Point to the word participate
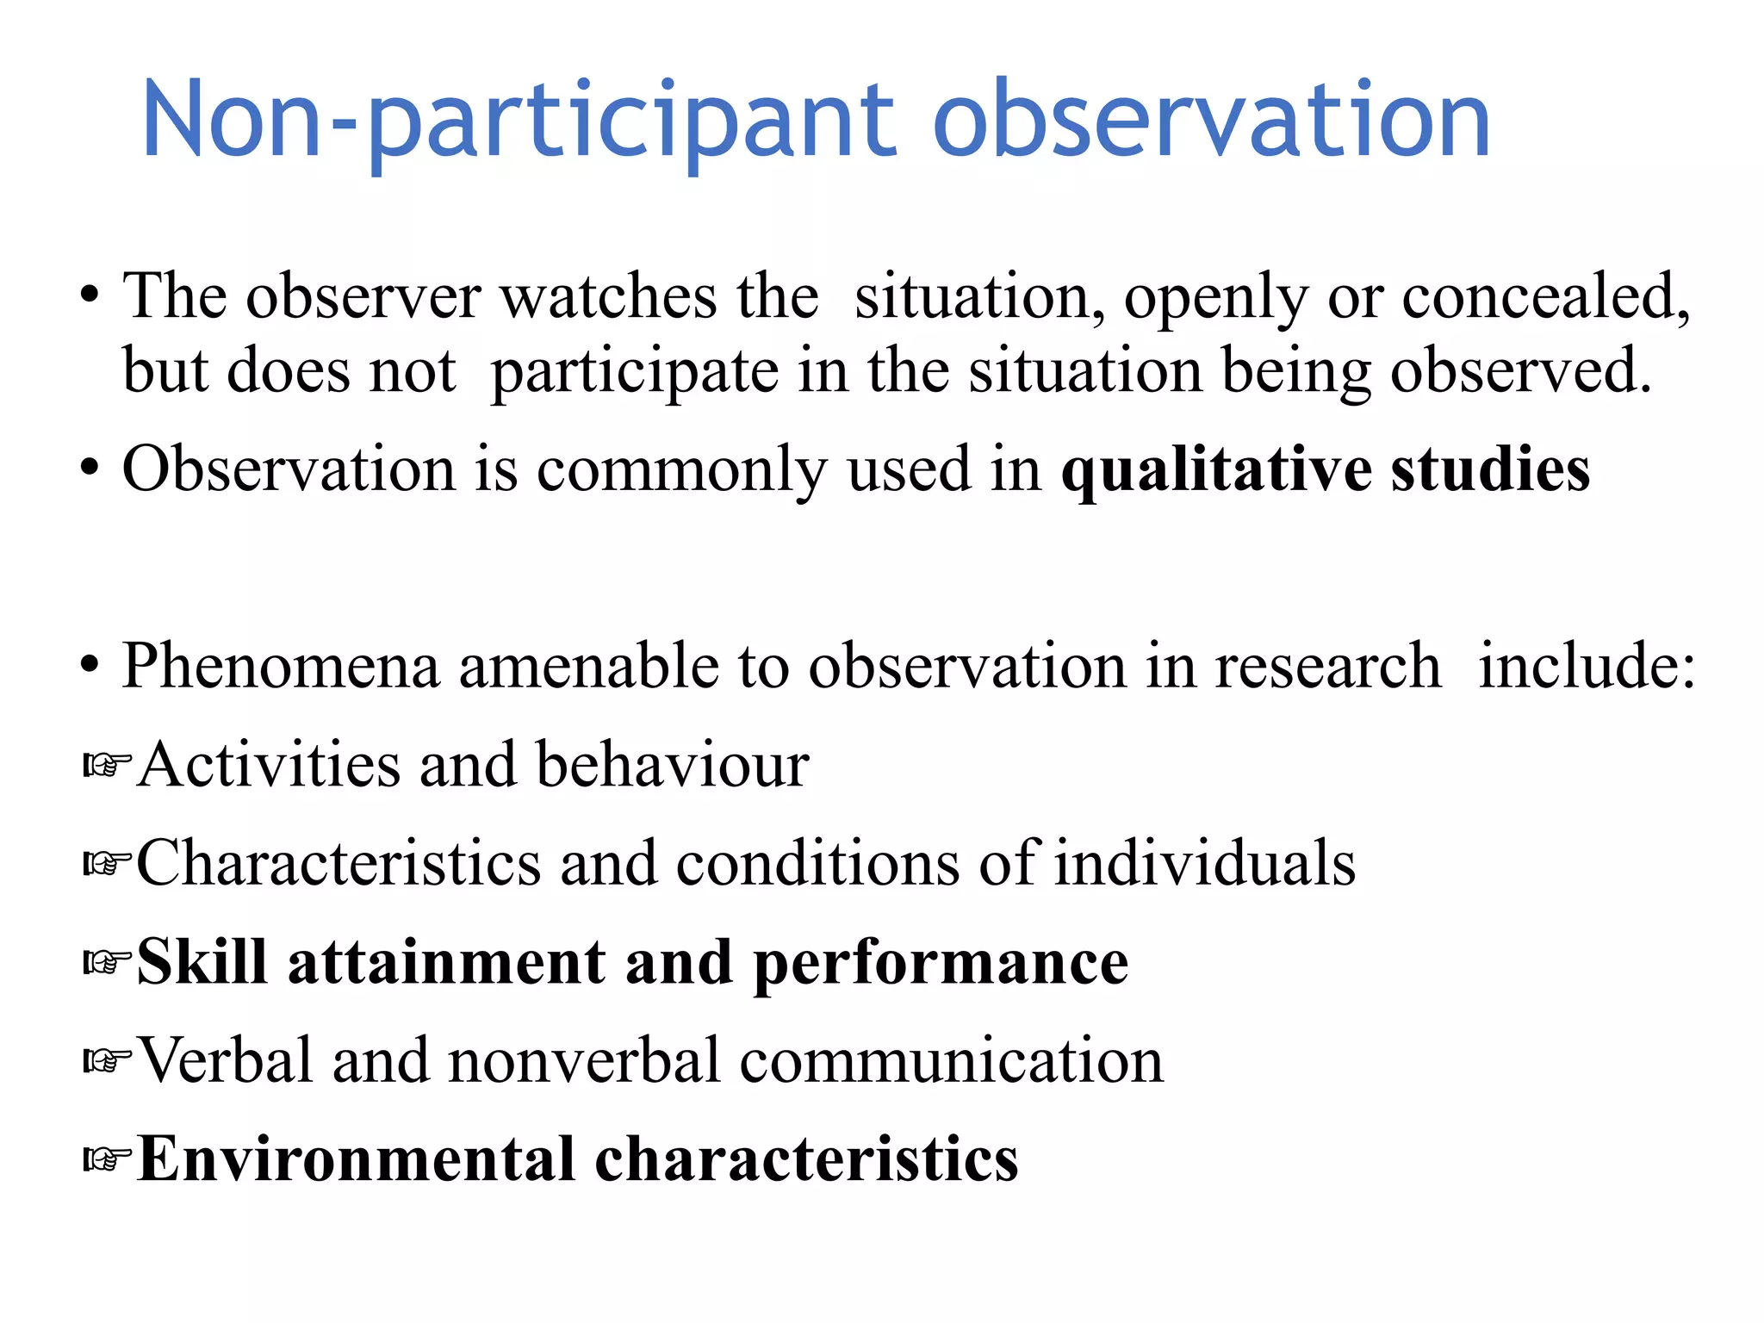coord(634,372)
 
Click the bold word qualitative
coord(1215,471)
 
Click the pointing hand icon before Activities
coord(106,764)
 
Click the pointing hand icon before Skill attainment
coord(106,961)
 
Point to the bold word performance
coord(941,963)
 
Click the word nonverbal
coord(584,1060)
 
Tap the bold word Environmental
coord(356,1158)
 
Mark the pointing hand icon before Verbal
coord(106,1060)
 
